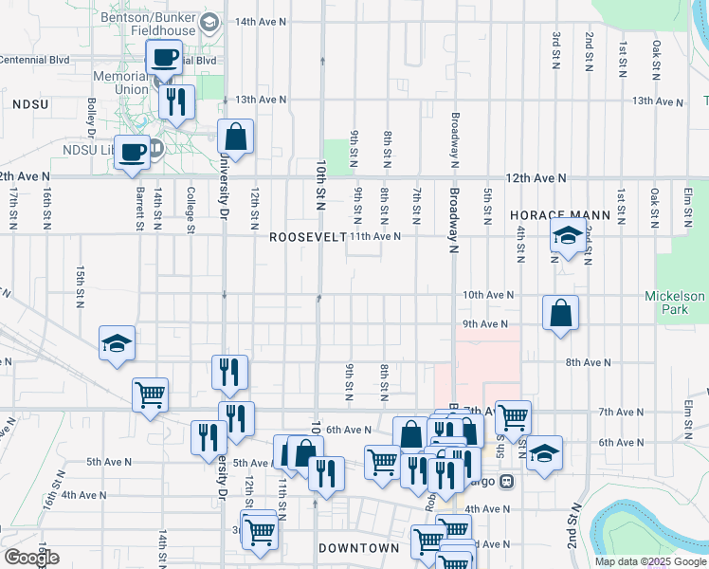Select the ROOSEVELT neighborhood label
(x=307, y=236)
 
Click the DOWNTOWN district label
(x=358, y=548)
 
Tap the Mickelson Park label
(x=675, y=303)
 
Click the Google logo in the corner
(x=31, y=558)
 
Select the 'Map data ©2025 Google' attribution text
(x=650, y=561)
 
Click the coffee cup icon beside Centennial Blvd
(x=163, y=57)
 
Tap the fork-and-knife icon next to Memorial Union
(x=175, y=101)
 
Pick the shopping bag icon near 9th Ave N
(x=560, y=313)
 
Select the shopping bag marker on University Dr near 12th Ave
(x=235, y=137)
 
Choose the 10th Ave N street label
(x=487, y=295)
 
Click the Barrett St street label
(x=139, y=209)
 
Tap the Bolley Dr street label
(x=92, y=115)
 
